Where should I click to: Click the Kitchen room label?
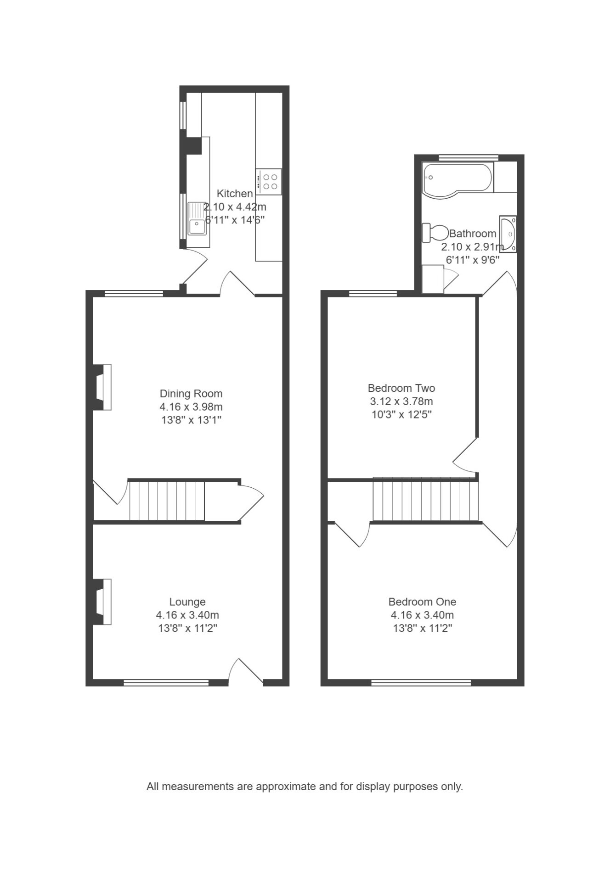pos(235,194)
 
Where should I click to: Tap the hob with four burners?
pos(269,181)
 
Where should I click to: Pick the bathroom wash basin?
pos(508,234)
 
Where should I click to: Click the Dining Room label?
pos(191,394)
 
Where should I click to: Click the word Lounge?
pos(187,602)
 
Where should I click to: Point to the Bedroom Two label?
pos(401,388)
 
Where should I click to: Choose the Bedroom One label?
pos(422,602)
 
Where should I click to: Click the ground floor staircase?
pos(167,501)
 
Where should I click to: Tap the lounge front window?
pos(166,683)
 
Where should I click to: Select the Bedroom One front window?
pos(421,683)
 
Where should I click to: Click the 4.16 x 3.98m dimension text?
pos(191,407)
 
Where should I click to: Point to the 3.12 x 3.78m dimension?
pos(401,401)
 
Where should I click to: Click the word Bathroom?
pos(473,234)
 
